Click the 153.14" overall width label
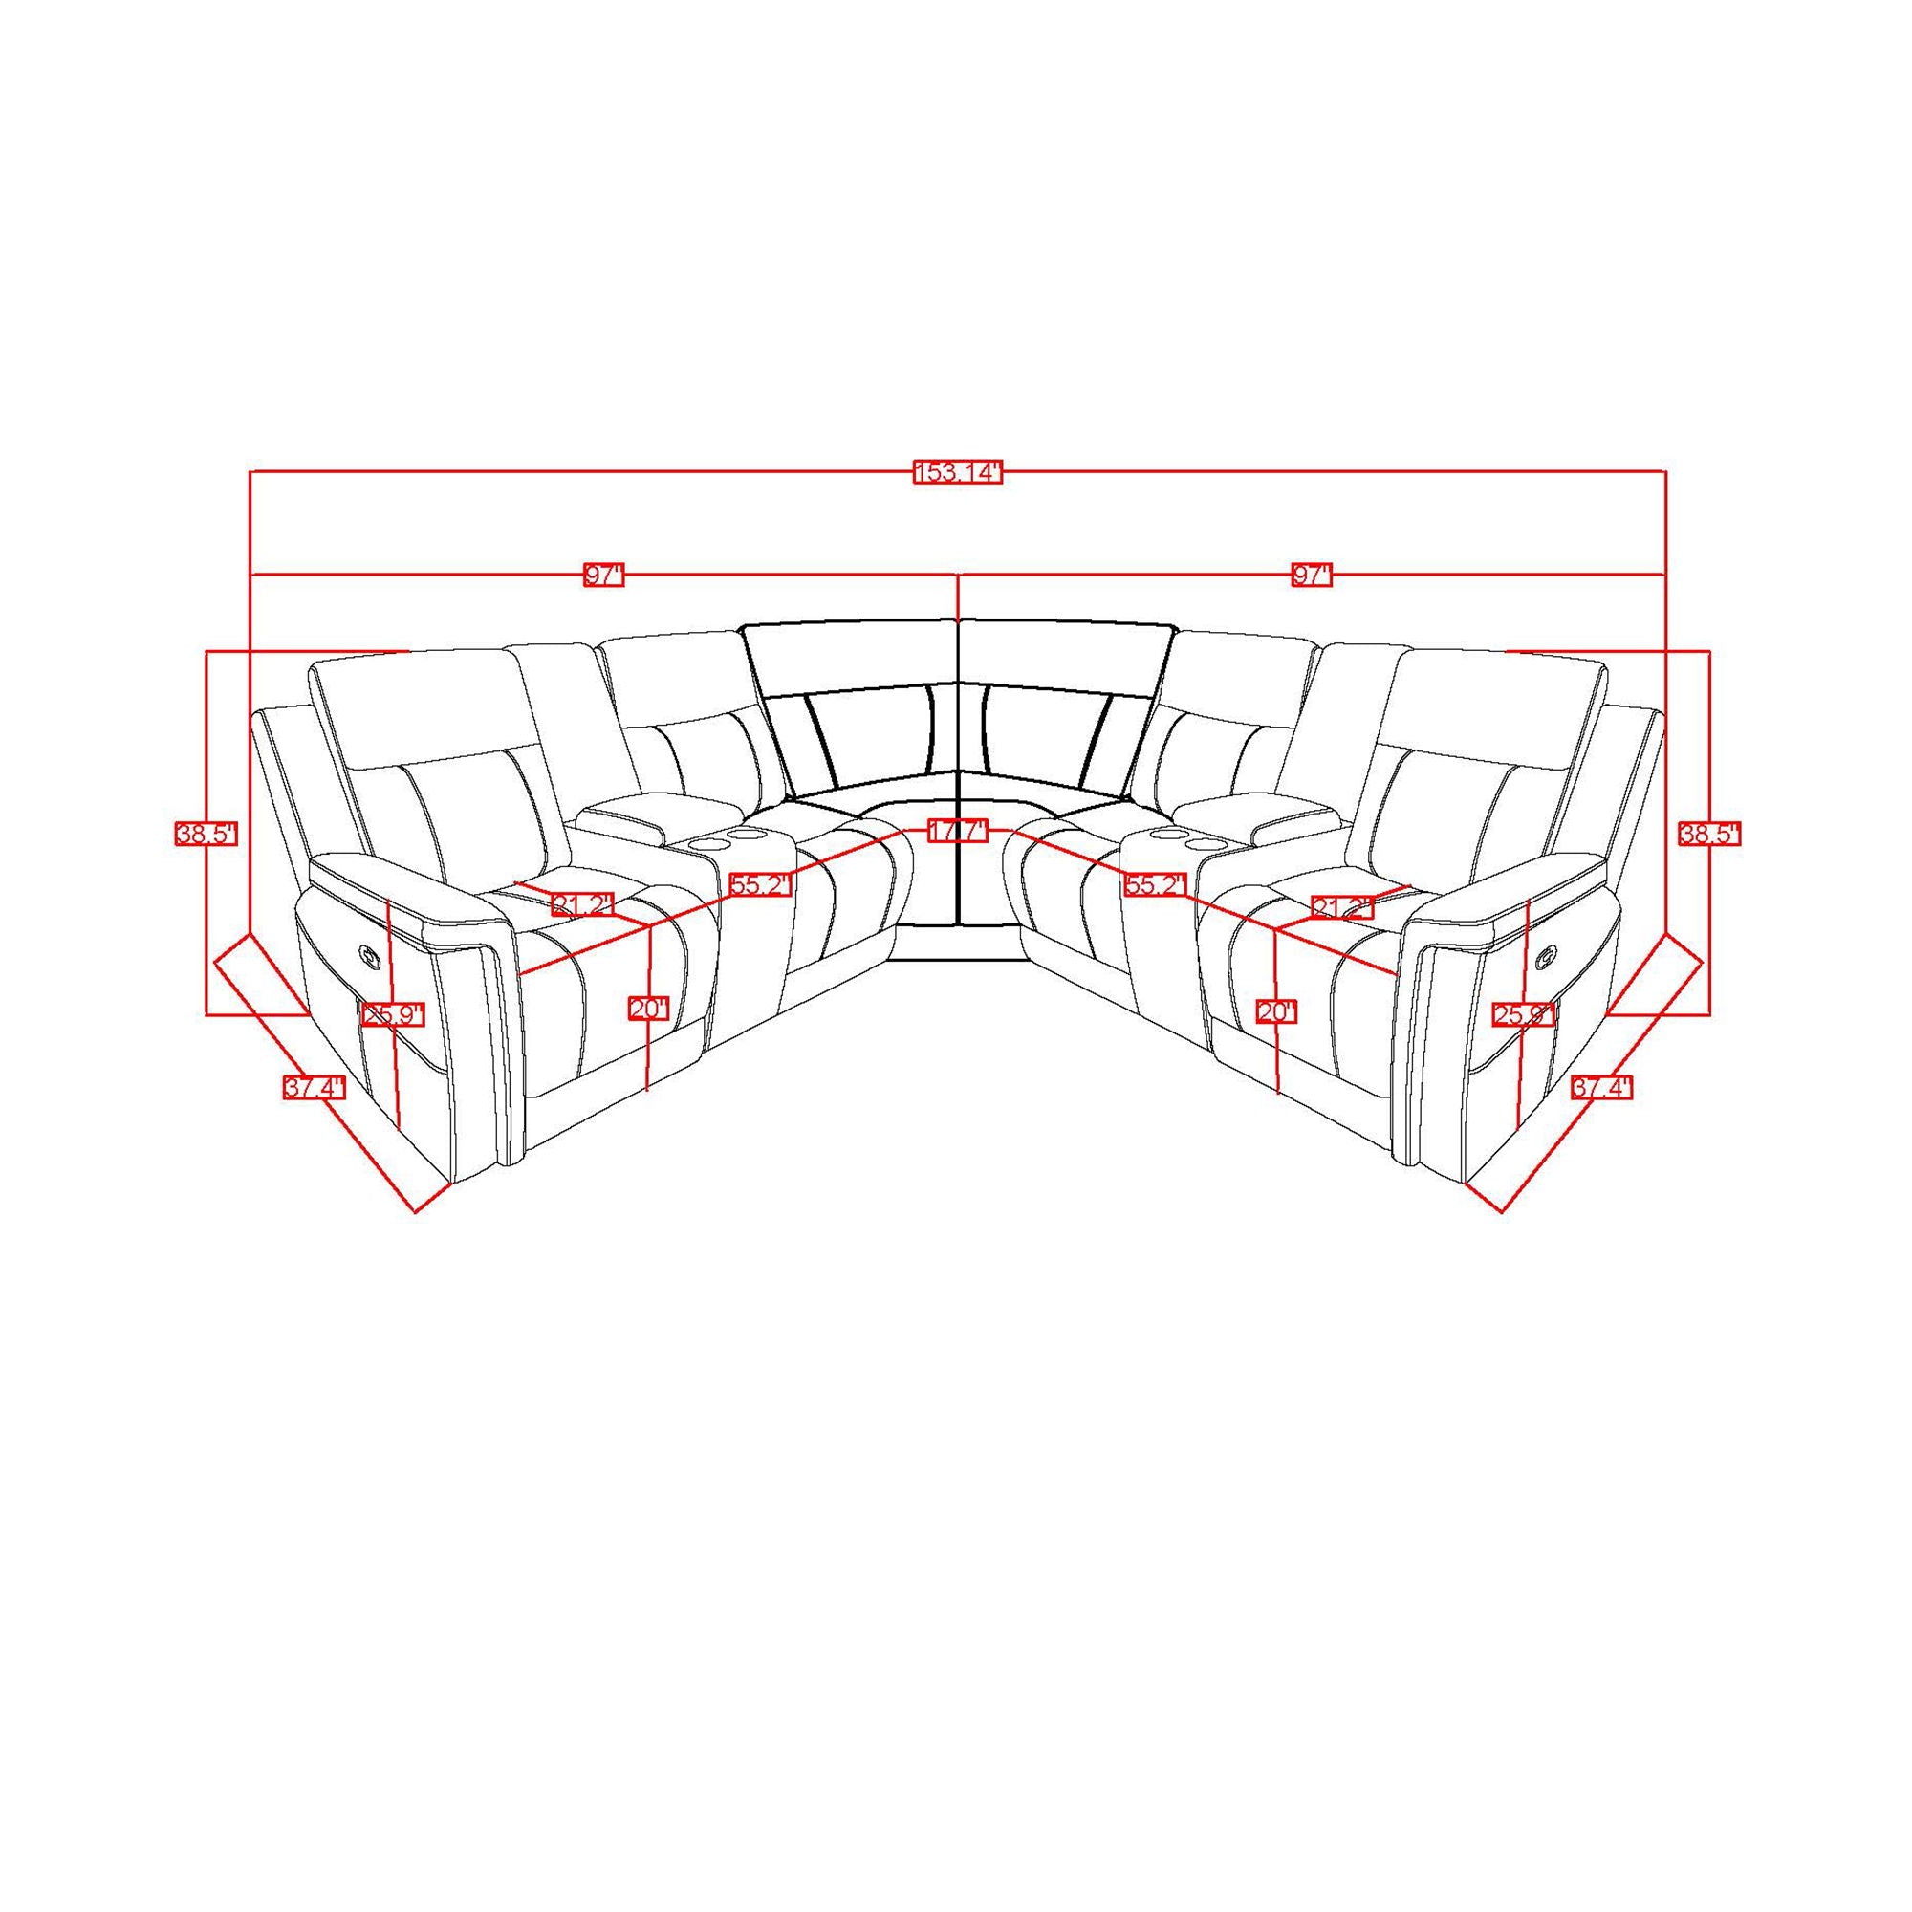tap(957, 472)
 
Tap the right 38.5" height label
tap(1709, 835)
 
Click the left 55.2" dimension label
tap(761, 884)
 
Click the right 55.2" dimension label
tap(1155, 884)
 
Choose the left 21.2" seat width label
tap(583, 903)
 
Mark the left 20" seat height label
tap(649, 1010)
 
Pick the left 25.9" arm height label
tap(393, 1015)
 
